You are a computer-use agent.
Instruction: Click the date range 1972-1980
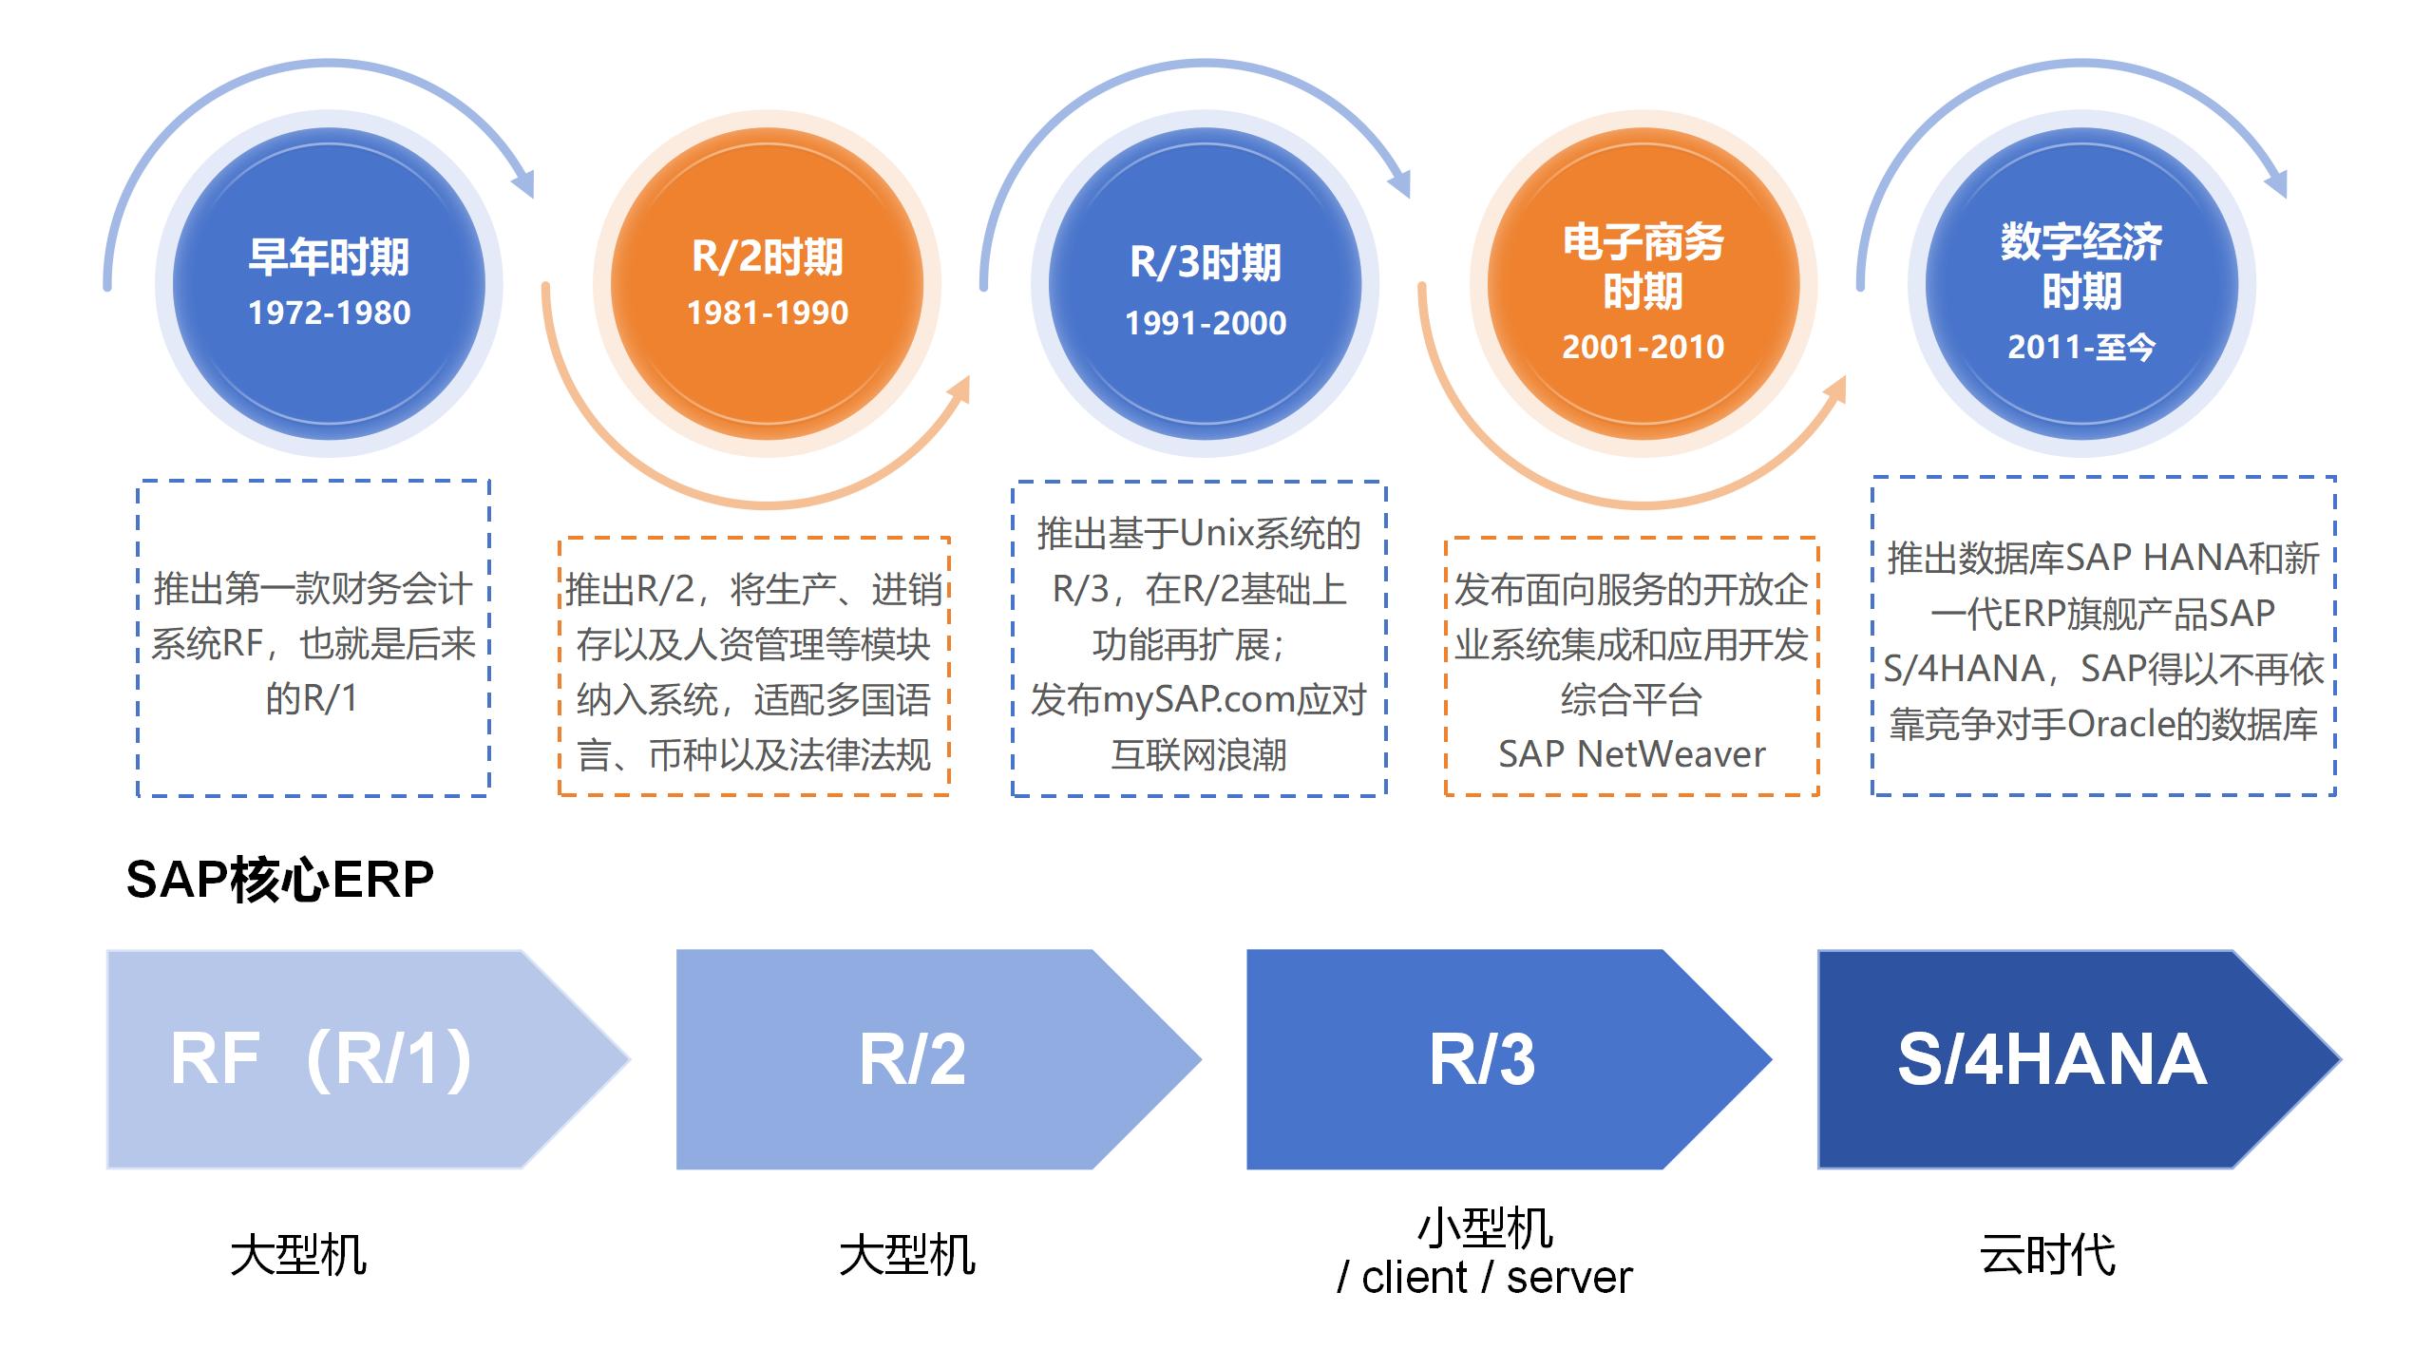[x=329, y=313]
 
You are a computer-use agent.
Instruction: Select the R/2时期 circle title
[x=767, y=257]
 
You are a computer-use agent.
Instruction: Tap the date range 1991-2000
[x=1205, y=323]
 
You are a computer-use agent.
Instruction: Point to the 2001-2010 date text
[x=1643, y=347]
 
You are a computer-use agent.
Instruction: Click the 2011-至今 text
[x=2080, y=347]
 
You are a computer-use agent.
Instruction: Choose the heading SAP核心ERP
[x=279, y=880]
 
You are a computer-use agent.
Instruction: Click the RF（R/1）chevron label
[x=321, y=1059]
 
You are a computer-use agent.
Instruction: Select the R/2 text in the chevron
[x=912, y=1059]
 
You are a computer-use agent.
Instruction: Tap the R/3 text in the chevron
[x=1481, y=1059]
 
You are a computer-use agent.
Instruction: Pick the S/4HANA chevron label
[x=2051, y=1059]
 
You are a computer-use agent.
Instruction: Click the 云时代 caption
[x=2047, y=1255]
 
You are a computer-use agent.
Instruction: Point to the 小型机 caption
[x=1485, y=1228]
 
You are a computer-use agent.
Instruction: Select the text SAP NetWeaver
[x=1631, y=754]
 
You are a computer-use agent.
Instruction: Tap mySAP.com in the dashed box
[x=1199, y=700]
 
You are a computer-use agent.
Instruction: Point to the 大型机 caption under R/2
[x=907, y=1255]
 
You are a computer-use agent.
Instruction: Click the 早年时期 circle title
[x=329, y=257]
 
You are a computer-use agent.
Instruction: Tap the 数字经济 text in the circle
[x=2080, y=242]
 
